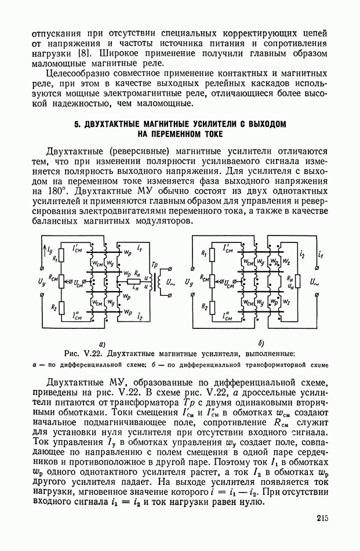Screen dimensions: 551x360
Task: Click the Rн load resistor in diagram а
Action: (137, 280)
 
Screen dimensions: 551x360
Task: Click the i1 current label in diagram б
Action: (320, 256)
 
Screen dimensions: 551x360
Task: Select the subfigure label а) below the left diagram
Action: (101, 343)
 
